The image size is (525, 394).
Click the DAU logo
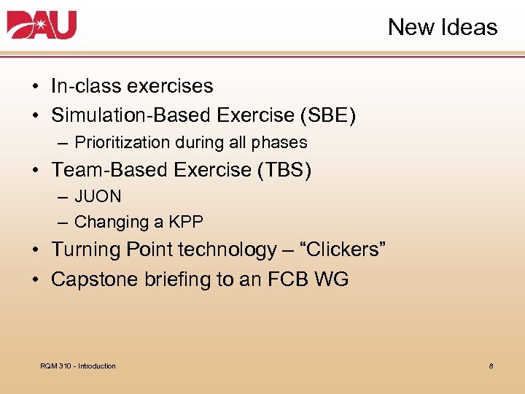42,26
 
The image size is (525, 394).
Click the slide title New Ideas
442,28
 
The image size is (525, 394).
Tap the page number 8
491,366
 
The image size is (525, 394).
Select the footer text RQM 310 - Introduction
78,366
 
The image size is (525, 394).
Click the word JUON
98,197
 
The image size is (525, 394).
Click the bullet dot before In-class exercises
35,87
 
